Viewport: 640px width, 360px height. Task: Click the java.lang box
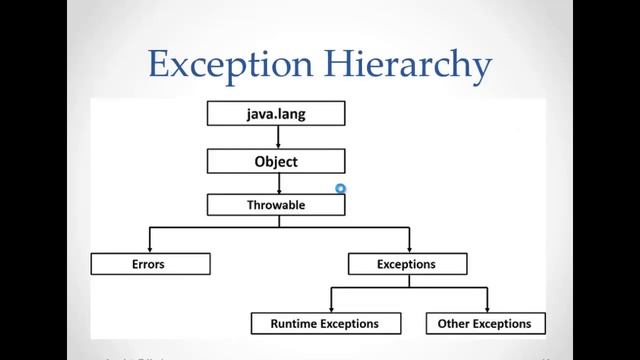click(x=275, y=114)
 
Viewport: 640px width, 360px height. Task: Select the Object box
click(x=275, y=160)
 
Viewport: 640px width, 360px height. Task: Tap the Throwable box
click(x=275, y=205)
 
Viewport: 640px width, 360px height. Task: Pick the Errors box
click(x=150, y=264)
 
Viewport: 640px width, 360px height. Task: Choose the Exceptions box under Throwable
click(x=407, y=264)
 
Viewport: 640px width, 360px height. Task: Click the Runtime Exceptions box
click(x=324, y=323)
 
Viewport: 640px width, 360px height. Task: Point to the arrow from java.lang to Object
click(x=279, y=137)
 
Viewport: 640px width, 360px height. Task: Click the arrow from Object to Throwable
click(x=279, y=183)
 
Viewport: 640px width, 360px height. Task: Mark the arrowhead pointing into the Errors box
click(x=150, y=249)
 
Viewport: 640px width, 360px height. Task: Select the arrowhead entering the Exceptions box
click(x=408, y=249)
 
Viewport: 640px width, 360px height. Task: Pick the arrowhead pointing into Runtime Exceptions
click(x=331, y=308)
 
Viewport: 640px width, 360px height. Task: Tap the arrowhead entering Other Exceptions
click(x=487, y=308)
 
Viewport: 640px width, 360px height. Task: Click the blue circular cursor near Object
click(x=341, y=187)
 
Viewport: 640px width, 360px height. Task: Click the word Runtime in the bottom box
click(x=299, y=323)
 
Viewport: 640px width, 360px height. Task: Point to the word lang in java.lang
click(x=290, y=114)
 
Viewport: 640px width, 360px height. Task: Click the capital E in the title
click(x=158, y=64)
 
